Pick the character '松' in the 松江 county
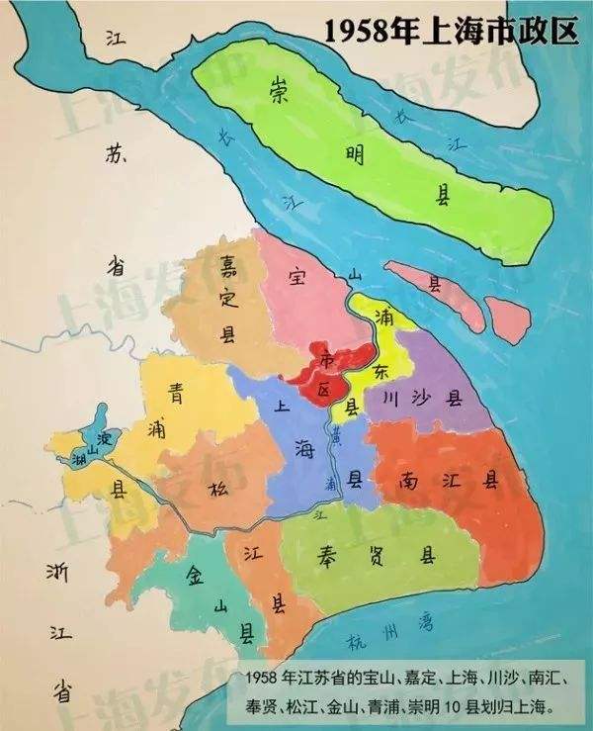(x=217, y=487)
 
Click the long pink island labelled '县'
(x=435, y=284)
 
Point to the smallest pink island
(x=508, y=318)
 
